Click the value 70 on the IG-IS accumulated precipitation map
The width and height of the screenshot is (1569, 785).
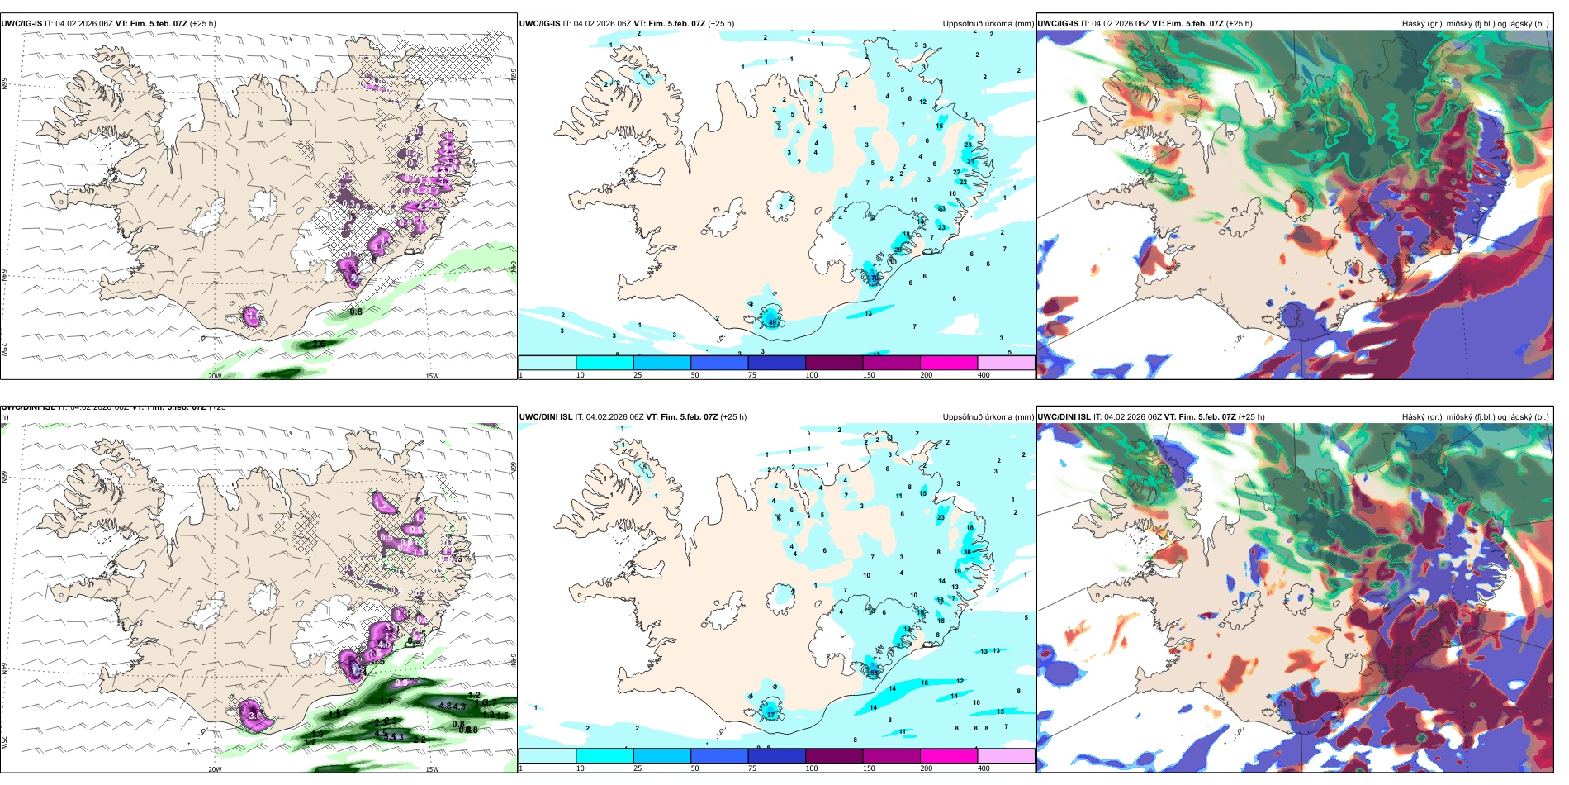875,278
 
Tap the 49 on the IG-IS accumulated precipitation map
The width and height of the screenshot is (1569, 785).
773,322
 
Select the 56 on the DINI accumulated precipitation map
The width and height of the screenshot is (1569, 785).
875,673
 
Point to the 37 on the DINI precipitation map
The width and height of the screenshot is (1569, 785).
771,715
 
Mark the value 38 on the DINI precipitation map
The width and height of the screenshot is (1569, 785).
966,552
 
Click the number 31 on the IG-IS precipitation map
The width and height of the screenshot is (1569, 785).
970,161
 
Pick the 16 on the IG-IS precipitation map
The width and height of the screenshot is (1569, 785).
939,126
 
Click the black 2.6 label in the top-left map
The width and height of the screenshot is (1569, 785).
320,344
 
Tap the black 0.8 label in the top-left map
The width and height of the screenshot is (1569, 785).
356,312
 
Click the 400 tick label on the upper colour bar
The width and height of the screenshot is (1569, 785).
984,375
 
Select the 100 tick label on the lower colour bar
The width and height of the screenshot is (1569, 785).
812,768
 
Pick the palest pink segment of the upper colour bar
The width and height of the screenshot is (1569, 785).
1006,363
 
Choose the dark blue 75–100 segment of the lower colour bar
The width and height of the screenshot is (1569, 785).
776,756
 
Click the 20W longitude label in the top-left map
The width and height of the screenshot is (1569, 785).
215,376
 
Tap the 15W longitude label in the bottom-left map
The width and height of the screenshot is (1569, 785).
432,769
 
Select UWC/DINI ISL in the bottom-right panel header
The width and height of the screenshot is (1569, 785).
1064,417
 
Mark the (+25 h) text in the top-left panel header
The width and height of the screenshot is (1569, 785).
203,24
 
